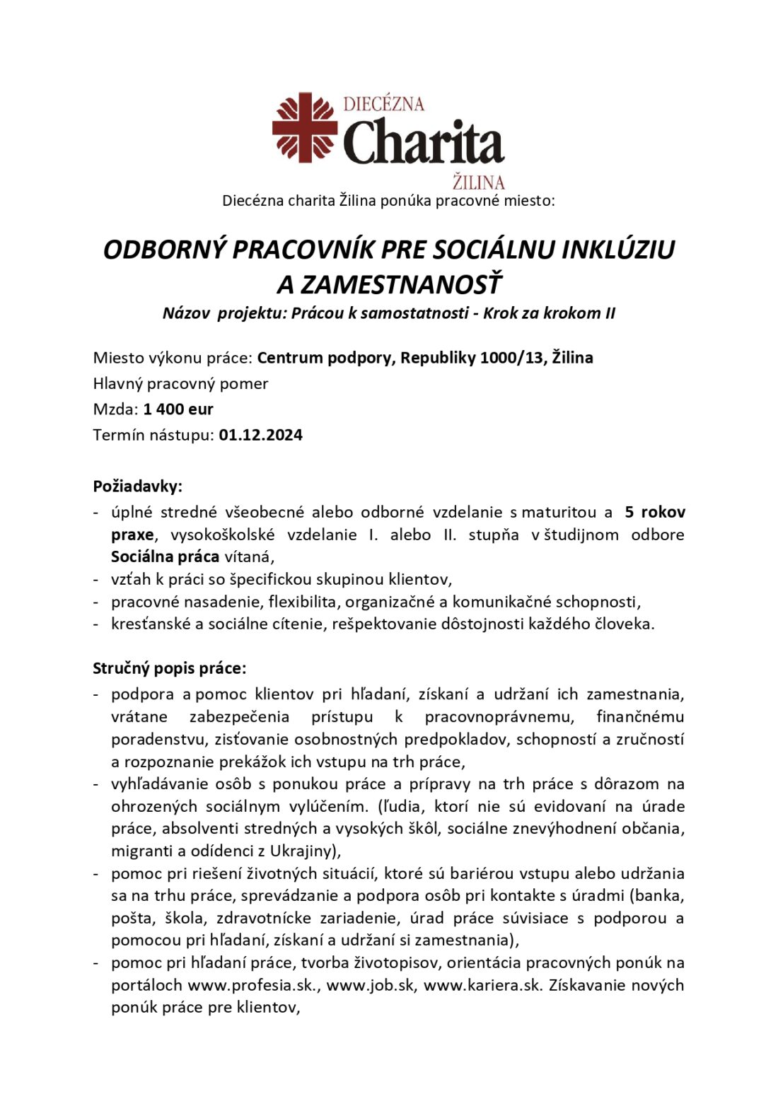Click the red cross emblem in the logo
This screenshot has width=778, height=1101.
coord(305,128)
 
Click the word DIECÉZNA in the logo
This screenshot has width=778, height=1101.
coord(383,104)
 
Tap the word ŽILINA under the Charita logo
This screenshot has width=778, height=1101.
coord(478,182)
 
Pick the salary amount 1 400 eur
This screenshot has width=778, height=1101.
coord(178,409)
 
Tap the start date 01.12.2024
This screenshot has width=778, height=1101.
coord(260,435)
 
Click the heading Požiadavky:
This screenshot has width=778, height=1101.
coord(137,487)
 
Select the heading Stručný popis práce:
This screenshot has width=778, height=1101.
coord(170,668)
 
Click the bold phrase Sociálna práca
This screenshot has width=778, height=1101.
coord(165,557)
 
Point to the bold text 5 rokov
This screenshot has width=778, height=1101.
coord(655,512)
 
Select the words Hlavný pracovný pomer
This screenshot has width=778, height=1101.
coord(180,383)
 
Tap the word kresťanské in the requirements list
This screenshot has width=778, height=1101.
coord(151,624)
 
